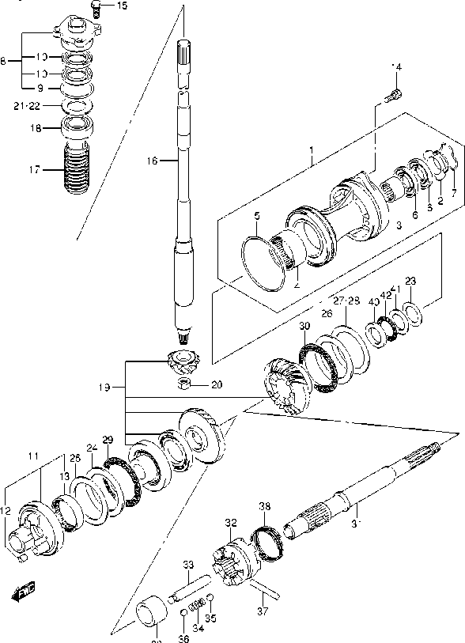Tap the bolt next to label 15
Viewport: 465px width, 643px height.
click(x=96, y=8)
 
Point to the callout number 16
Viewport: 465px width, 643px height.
click(x=153, y=161)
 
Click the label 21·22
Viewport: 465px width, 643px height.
click(x=27, y=104)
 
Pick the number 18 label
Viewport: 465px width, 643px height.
click(x=34, y=127)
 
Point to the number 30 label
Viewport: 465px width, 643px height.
click(x=304, y=327)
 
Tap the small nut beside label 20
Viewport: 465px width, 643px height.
click(x=183, y=385)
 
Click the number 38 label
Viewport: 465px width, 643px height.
click(x=264, y=506)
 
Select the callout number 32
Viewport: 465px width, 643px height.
click(x=230, y=522)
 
